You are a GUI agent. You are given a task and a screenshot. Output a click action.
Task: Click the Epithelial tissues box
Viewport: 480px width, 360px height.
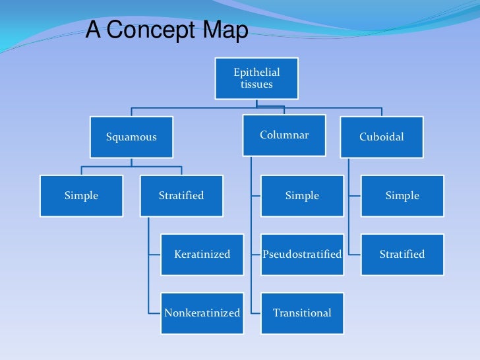[x=256, y=78]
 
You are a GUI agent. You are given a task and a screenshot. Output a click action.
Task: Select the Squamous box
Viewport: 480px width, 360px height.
[x=131, y=137]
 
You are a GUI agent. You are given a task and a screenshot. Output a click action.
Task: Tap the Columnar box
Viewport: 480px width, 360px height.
[x=284, y=135]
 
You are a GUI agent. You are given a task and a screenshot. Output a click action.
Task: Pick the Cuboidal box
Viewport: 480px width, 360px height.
[x=381, y=137]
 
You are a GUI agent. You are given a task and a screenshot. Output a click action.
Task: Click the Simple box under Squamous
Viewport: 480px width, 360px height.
[x=81, y=196]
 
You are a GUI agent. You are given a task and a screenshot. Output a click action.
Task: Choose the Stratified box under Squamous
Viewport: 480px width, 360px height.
[x=181, y=196]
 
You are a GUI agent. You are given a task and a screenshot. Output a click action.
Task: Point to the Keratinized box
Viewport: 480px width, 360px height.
[x=202, y=254]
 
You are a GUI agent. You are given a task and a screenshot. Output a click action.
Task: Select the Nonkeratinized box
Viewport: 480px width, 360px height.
[x=202, y=313]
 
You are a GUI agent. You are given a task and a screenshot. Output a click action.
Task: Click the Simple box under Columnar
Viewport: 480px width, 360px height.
[x=302, y=196]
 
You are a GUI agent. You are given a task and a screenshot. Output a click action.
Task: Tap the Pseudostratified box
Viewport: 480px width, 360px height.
[x=302, y=254]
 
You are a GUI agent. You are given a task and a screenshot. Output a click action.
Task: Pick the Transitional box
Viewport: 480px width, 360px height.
[x=302, y=313]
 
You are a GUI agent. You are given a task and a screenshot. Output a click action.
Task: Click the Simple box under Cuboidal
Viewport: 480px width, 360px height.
[x=402, y=196]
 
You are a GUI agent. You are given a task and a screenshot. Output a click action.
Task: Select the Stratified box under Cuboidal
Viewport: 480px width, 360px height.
[x=402, y=254]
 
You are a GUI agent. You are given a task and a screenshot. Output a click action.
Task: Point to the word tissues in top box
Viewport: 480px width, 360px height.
[x=256, y=84]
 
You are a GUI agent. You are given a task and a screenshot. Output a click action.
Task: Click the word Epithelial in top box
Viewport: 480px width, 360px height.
[x=256, y=73]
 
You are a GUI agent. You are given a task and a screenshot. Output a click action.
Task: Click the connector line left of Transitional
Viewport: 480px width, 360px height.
[x=256, y=313]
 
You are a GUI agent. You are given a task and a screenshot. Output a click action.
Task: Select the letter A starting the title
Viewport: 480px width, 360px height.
[x=93, y=30]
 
